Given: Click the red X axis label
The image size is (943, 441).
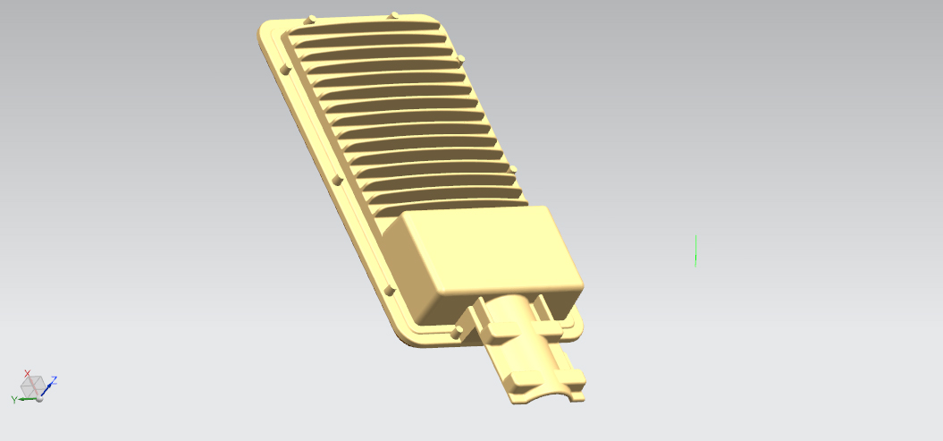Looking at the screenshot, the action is [x=27, y=374].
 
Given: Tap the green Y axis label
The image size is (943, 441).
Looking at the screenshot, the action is [x=13, y=400].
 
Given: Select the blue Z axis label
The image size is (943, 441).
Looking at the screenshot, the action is [x=55, y=380].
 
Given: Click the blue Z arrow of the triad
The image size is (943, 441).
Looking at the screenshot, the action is [x=46, y=388].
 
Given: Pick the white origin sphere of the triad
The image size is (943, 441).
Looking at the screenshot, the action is [x=39, y=398].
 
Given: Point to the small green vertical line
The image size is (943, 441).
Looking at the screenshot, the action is [x=695, y=250].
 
